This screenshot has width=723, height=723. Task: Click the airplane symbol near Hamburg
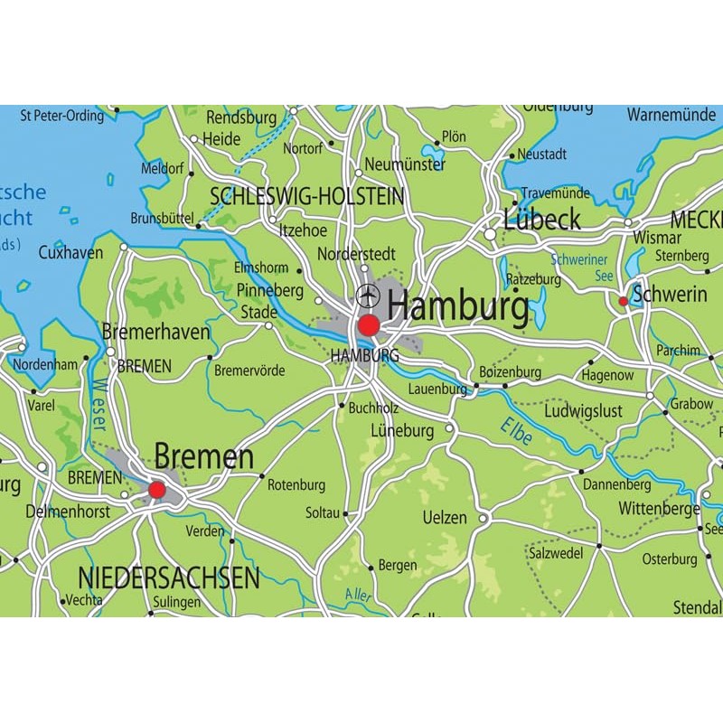coord(368,296)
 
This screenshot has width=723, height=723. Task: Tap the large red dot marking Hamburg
coord(369,325)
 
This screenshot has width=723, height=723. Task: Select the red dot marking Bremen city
coord(157,490)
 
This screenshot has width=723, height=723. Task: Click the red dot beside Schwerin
coord(623,301)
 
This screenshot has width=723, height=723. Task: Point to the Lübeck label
coord(542,220)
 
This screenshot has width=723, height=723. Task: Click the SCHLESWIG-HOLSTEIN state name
coord(306,197)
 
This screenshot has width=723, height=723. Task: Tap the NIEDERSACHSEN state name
coord(169,577)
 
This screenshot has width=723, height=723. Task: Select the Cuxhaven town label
coord(70,253)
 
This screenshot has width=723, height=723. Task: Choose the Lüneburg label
coord(402,431)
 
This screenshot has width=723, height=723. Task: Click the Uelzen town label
coord(445,518)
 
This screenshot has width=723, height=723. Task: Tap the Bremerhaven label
coord(155,332)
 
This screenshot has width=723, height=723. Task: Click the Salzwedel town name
coord(559,550)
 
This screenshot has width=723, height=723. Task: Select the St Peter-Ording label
coord(62,115)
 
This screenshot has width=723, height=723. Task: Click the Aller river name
coord(358,595)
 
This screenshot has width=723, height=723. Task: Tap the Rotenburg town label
coord(296,485)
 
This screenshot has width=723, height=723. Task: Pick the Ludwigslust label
coord(583,411)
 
